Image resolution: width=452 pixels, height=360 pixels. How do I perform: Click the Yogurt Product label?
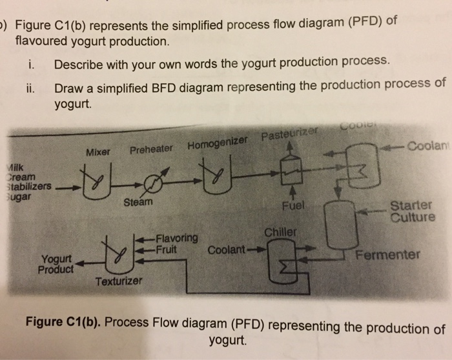click(58, 263)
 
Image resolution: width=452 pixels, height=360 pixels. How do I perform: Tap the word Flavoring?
click(176, 236)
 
